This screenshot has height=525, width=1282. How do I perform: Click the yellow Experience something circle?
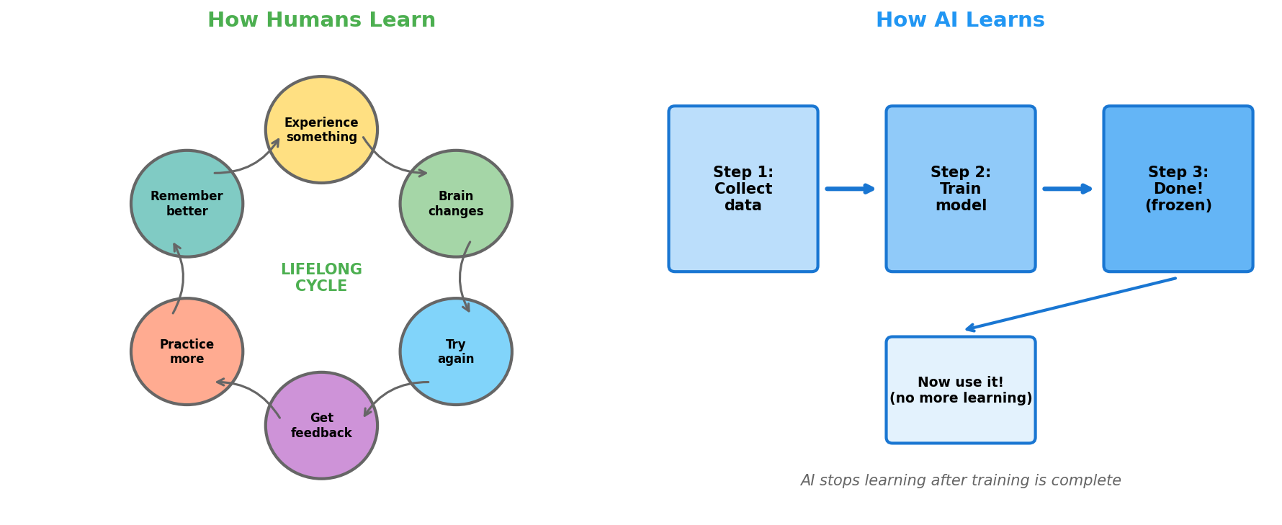tap(321, 130)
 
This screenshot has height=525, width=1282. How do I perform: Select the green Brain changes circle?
tap(456, 204)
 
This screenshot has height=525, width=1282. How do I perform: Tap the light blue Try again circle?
tap(456, 351)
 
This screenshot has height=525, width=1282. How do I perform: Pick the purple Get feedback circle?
tap(321, 426)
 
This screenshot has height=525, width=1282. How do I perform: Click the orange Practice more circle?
tap(187, 351)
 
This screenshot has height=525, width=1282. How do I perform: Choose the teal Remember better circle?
tap(187, 204)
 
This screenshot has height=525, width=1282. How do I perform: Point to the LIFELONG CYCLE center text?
tap(321, 278)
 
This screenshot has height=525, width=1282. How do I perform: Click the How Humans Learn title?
tap(321, 20)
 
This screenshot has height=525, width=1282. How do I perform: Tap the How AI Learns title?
tap(960, 20)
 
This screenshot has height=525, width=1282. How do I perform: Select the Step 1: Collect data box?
tap(743, 189)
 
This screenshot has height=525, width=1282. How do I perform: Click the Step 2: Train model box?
tap(961, 189)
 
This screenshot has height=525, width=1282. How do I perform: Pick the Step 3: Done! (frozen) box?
tap(1178, 189)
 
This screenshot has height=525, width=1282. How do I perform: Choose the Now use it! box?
tap(961, 390)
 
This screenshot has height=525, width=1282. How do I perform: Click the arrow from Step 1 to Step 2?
tap(851, 189)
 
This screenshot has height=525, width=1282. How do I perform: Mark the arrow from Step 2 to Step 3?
tap(1068, 189)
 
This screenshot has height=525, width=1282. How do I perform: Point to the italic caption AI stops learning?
tap(961, 480)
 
